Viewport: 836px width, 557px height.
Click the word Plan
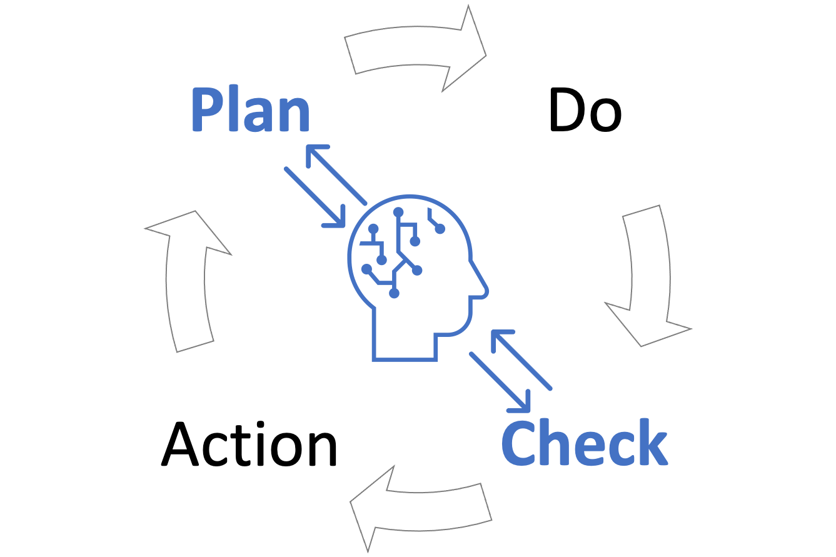pos(250,110)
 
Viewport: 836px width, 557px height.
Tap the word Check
pos(585,443)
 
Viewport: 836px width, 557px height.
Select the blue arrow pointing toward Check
pos(500,382)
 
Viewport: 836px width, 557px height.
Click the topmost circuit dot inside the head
pos(398,212)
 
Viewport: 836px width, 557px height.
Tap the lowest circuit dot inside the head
pos(394,293)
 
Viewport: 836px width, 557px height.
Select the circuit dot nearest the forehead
pos(440,229)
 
